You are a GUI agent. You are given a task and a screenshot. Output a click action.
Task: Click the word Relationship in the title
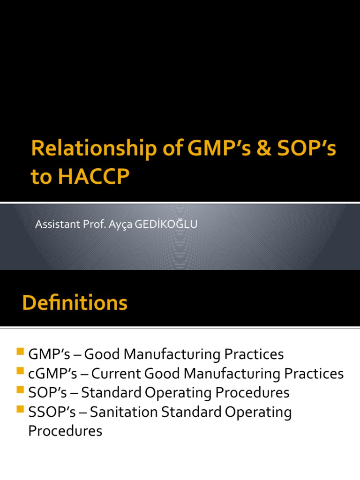83,149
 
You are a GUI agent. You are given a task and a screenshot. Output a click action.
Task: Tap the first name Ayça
122,225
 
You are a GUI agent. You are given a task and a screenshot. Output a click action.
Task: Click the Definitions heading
75,303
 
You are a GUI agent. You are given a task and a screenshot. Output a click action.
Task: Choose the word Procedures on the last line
65,431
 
